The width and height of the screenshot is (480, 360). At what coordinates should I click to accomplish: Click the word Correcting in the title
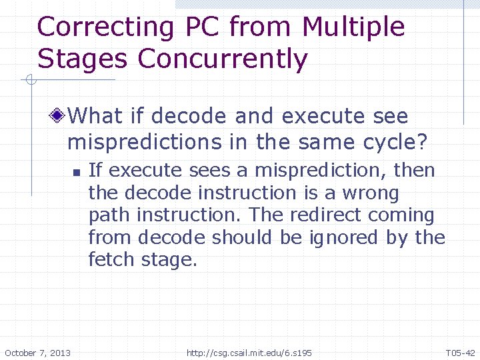point(105,28)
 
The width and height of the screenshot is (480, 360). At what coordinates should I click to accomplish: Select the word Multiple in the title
point(353,28)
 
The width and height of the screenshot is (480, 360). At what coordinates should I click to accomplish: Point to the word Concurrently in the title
point(223,60)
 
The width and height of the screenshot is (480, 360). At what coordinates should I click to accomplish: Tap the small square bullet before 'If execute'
point(77,173)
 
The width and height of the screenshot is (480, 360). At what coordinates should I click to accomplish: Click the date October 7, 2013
point(37,352)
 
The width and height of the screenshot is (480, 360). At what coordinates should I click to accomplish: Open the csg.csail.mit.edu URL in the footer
point(249,352)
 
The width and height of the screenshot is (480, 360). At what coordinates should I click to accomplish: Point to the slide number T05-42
point(460,352)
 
